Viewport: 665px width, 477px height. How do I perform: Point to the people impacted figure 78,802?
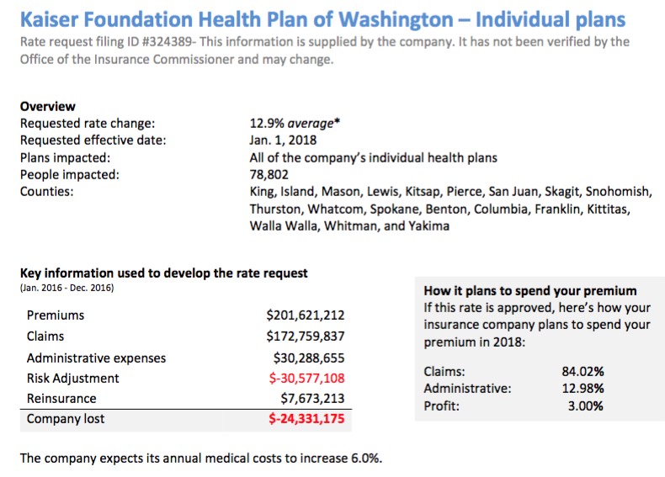pos(269,175)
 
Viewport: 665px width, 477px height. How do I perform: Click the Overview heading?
pos(47,107)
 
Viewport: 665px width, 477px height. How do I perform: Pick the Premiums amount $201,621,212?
pos(305,315)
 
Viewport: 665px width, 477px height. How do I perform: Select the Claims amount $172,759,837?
pos(305,337)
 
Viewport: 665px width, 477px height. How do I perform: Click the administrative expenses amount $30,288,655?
pos(308,358)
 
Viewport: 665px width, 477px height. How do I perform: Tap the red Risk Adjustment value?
pos(305,378)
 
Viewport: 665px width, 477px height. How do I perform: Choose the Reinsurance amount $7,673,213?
pos(312,398)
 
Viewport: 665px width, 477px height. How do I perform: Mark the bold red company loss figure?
pos(306,418)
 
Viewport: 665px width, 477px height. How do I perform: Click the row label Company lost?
pos(66,418)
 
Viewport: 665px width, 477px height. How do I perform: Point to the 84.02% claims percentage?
pos(583,370)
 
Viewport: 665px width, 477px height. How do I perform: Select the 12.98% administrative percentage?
pos(583,388)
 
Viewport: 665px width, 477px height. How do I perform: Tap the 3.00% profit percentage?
pos(586,406)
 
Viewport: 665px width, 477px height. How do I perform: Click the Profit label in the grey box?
pos(442,406)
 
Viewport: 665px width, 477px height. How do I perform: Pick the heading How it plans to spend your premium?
pos(529,291)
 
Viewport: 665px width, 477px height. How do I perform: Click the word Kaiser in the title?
pos(53,18)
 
